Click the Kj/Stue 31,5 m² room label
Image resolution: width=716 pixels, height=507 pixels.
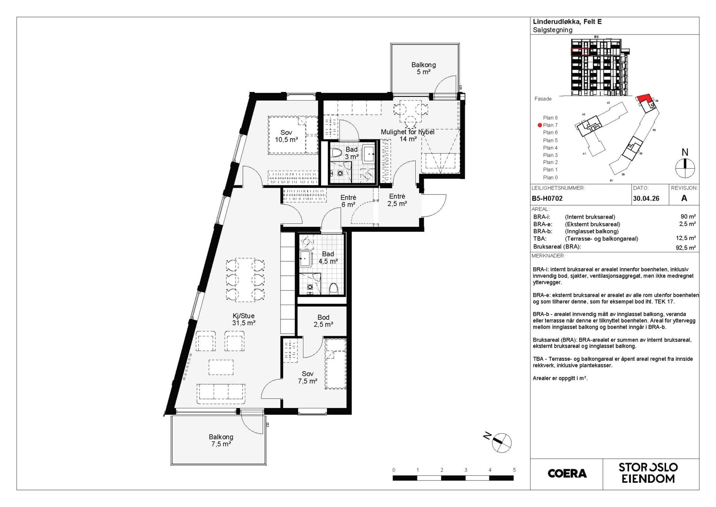(x=244, y=319)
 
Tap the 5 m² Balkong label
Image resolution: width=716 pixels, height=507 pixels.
(x=423, y=68)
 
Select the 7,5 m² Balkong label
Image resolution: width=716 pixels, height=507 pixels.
(x=221, y=440)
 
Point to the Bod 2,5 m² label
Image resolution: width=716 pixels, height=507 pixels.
(x=323, y=321)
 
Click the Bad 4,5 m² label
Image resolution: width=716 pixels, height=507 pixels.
(x=328, y=257)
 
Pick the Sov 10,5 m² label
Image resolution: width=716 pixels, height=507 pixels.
(x=286, y=136)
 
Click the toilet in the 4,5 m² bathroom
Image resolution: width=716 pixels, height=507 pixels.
(x=333, y=288)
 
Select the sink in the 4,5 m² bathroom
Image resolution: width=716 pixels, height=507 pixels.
(x=305, y=258)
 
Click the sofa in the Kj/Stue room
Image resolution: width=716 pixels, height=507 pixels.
(x=220, y=391)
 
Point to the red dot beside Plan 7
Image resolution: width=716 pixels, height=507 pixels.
(x=539, y=125)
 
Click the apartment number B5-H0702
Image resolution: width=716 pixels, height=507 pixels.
(x=547, y=198)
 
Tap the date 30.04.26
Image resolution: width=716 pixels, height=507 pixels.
(x=646, y=198)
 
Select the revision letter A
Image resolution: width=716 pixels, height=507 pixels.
(x=684, y=198)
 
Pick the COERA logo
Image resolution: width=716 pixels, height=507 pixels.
(x=567, y=473)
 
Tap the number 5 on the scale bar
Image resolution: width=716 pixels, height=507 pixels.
(x=514, y=470)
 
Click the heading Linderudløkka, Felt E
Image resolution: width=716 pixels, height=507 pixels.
(x=567, y=22)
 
